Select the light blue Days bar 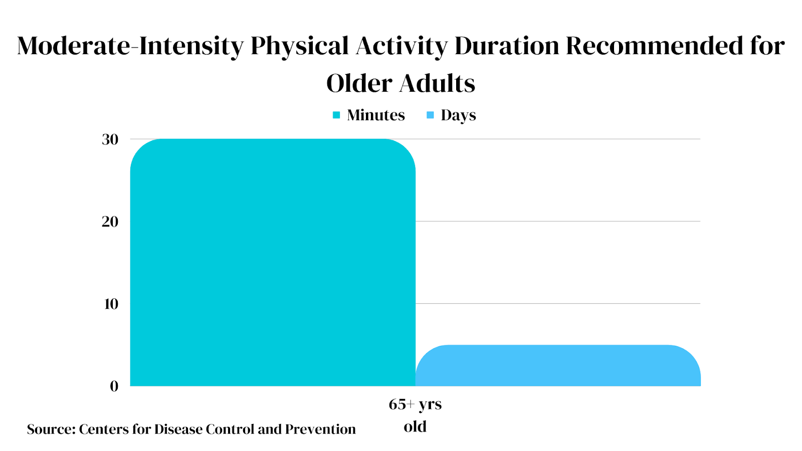tap(558, 365)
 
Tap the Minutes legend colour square tap(336, 115)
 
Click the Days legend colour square tap(430, 115)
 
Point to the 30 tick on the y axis tap(110, 139)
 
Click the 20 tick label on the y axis tap(110, 221)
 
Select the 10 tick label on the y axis tap(111, 304)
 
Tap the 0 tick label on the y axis tap(114, 386)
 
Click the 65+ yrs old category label tap(415, 415)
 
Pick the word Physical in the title tap(300, 46)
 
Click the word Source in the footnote tap(50, 429)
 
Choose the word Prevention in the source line tap(320, 429)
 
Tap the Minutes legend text tap(376, 115)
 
